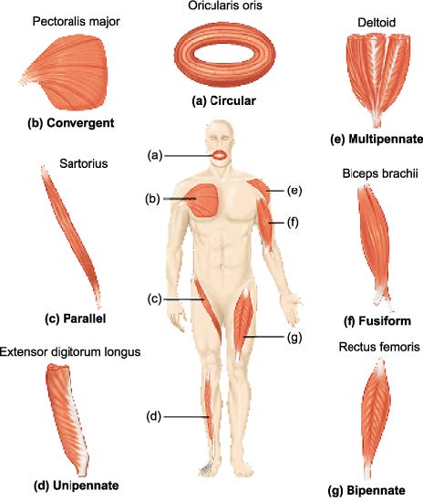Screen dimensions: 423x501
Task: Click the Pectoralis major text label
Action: tap(76, 22)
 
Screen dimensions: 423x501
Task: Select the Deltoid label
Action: tap(377, 23)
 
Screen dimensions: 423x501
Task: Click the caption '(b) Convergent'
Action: tap(71, 123)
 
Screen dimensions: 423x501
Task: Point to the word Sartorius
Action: tap(84, 163)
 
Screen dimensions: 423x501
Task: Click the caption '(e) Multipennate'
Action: tap(377, 139)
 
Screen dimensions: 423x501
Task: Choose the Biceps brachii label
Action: tap(380, 173)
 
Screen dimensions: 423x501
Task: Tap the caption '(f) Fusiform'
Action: tap(377, 320)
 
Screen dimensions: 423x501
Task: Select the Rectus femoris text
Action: tap(379, 347)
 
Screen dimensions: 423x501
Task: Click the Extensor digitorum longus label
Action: tap(70, 352)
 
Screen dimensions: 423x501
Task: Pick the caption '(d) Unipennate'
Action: tap(77, 485)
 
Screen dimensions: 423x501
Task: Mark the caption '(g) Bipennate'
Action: tap(366, 490)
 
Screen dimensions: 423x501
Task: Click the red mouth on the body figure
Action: tap(221, 155)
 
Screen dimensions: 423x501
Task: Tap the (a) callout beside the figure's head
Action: tap(155, 156)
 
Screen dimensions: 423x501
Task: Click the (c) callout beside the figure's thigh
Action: tap(155, 299)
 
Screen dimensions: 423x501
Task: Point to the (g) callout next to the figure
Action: tap(294, 338)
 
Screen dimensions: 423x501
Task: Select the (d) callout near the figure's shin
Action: tap(154, 417)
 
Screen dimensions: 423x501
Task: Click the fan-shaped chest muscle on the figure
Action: tap(202, 201)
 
